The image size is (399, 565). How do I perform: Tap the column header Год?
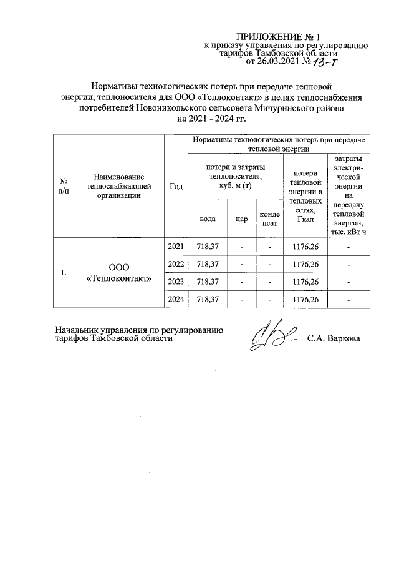176,186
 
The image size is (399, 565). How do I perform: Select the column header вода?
208,219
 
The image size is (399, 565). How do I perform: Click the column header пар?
241,219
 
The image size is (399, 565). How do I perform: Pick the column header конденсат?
270,219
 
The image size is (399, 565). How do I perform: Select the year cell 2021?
176,247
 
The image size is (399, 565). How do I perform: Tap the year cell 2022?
176,265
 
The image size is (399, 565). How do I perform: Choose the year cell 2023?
176,282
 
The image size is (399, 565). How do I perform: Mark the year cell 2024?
176,300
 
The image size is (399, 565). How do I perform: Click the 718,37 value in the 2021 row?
208,247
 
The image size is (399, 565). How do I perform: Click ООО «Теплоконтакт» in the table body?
118,273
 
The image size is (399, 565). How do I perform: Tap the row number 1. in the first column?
64,273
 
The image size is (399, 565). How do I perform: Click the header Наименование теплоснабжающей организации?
118,186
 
